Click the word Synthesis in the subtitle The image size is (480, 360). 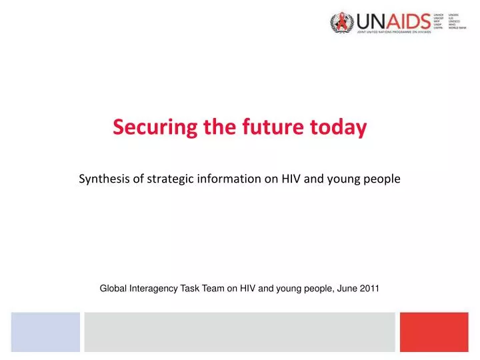(103, 179)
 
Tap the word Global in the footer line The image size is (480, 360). (113, 288)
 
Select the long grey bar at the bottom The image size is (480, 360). (239, 332)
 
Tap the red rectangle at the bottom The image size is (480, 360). (434, 332)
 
